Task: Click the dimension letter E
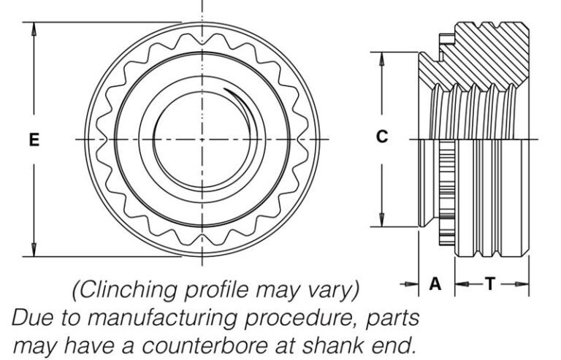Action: pyautogui.click(x=34, y=139)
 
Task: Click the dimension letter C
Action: pyautogui.click(x=381, y=137)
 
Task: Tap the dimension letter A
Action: pyautogui.click(x=435, y=284)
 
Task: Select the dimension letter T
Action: pyautogui.click(x=491, y=284)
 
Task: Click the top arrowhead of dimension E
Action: pyautogui.click(x=34, y=27)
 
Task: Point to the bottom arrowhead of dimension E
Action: pyautogui.click(x=34, y=250)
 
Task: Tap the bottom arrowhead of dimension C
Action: pyautogui.click(x=381, y=221)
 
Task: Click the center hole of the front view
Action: pyautogui.click(x=202, y=139)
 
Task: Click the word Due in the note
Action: pyautogui.click(x=31, y=318)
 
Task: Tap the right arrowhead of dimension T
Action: pyautogui.click(x=524, y=284)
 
